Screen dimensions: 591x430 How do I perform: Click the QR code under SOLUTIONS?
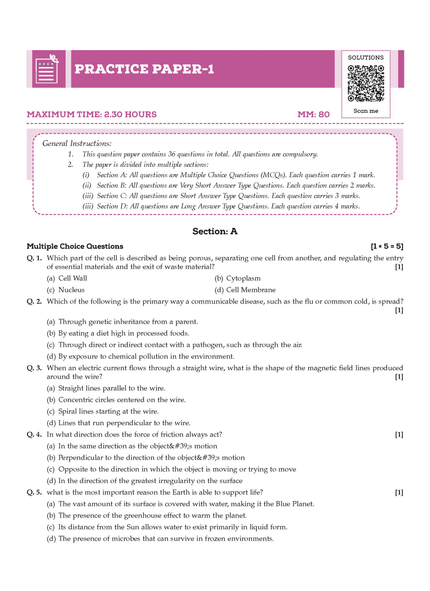coord(365,83)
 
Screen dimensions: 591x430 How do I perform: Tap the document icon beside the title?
coord(47,69)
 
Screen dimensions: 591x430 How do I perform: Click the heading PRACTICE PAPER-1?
coord(144,69)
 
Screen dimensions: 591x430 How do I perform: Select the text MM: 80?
coord(313,114)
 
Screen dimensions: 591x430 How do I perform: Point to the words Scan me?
coord(365,111)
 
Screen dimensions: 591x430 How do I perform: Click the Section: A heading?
coord(215,231)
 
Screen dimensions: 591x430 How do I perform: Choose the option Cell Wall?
coord(72,278)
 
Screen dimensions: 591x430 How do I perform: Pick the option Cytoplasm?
coord(243,278)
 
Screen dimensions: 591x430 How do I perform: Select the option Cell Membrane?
coord(250,290)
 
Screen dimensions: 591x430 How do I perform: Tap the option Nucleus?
coord(71,290)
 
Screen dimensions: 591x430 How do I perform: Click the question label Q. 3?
coord(34,368)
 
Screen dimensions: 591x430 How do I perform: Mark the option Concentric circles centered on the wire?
coord(121,400)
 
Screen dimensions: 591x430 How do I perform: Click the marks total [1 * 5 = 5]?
coord(387,246)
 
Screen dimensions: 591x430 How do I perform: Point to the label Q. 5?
coord(34,492)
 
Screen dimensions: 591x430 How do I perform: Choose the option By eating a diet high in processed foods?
coord(123,333)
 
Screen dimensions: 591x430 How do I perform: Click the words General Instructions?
coord(77,144)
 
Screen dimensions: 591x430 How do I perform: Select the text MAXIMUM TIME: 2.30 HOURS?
coord(92,114)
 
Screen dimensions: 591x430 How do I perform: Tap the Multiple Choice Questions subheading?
coord(75,246)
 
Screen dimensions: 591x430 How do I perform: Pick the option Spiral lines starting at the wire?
coord(108,411)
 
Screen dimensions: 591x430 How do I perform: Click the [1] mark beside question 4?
coord(399,434)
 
